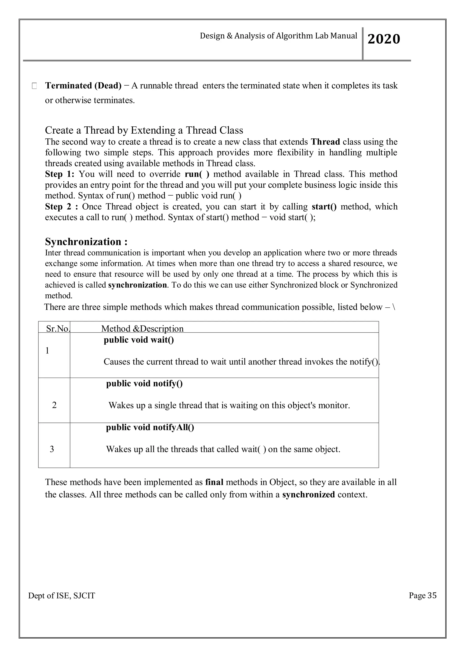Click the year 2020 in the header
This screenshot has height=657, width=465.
click(x=384, y=39)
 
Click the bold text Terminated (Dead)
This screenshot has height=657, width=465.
click(x=83, y=86)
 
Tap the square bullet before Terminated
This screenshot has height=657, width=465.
click(x=34, y=86)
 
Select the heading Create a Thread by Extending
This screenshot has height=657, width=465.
click(x=144, y=130)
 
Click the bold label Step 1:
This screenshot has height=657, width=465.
click(x=59, y=174)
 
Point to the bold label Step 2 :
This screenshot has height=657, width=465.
click(x=61, y=207)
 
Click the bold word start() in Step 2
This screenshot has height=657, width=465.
click(x=324, y=207)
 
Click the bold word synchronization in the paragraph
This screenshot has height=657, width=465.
click(x=137, y=285)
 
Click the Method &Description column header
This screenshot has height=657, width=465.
click(x=142, y=328)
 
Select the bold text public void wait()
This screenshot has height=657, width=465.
click(x=139, y=340)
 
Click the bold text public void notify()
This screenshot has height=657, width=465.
click(x=144, y=383)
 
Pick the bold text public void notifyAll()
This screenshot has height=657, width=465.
click(x=150, y=427)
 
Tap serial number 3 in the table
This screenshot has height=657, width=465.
click(x=52, y=449)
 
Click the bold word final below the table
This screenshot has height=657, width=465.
click(x=214, y=482)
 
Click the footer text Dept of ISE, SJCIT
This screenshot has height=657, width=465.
click(x=62, y=596)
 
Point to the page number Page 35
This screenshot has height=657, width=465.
click(x=423, y=595)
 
